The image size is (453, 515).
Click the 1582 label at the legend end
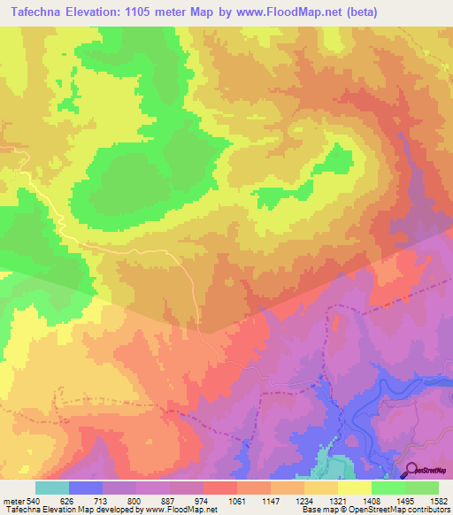point(437,500)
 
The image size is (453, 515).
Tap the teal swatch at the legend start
point(52,488)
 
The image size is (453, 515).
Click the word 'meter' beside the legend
point(13,500)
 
